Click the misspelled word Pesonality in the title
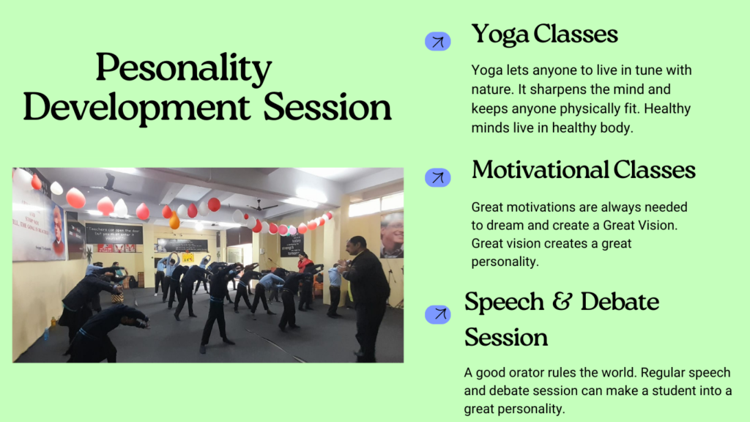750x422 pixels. [x=184, y=68]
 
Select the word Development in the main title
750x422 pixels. [x=136, y=108]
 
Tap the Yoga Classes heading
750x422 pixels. [x=544, y=34]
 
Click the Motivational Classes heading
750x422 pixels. [x=583, y=170]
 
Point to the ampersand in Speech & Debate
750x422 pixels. [x=562, y=301]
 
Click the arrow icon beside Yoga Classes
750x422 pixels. [x=438, y=42]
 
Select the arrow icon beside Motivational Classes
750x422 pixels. [x=438, y=177]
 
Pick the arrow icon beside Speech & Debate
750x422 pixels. [x=438, y=314]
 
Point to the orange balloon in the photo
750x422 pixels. [x=174, y=221]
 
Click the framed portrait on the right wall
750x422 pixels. [x=392, y=235]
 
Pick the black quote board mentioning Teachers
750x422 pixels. [x=114, y=233]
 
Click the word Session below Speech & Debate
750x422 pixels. [x=506, y=337]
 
